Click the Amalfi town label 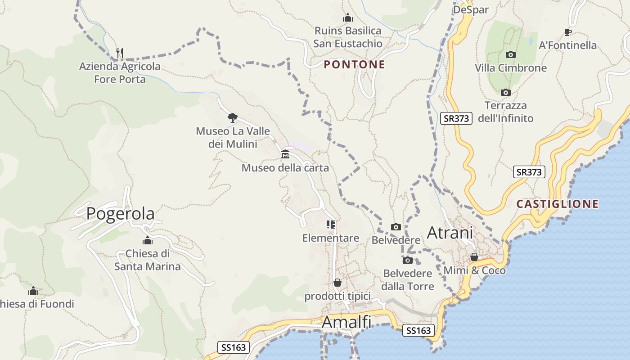pos(346,322)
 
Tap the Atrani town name pos(450,233)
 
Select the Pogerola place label pos(120,213)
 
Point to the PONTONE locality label pos(354,64)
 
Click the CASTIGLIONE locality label pos(558,204)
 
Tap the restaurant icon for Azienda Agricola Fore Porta pos(120,53)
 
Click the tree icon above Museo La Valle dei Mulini pos(233,118)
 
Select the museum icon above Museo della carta pos(285,154)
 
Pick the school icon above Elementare pos(331,225)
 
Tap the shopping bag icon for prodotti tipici pos(337,283)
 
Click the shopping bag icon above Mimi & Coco pos(474,257)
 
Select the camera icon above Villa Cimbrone pos(511,54)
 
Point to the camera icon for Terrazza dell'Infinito pos(506,92)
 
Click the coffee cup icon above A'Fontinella pos(568,32)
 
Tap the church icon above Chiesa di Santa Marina pos(147,240)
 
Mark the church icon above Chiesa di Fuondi pos(33,291)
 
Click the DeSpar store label pos(471,9)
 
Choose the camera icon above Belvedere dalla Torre pos(408,260)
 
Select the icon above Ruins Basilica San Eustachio pos(348,18)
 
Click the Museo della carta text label pos(285,168)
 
